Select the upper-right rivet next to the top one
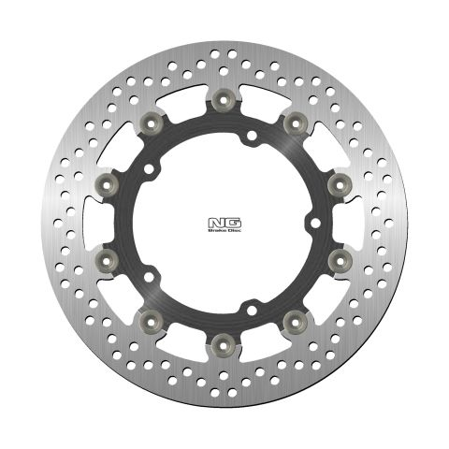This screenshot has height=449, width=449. click(x=294, y=120)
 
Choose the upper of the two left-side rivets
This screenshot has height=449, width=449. click(x=108, y=180)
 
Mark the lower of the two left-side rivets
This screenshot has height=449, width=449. click(x=108, y=255)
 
